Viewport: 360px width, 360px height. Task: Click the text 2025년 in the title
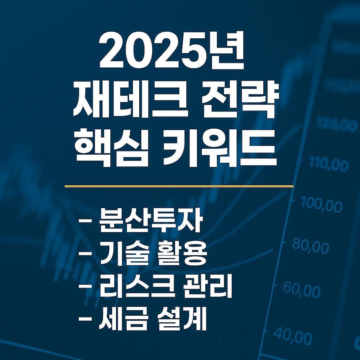[x=172, y=53]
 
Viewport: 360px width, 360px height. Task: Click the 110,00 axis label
[x=329, y=165]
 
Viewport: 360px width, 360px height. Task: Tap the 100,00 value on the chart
[x=322, y=205]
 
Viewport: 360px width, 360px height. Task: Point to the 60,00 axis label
[x=302, y=291]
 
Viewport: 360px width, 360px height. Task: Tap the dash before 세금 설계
[x=84, y=319]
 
